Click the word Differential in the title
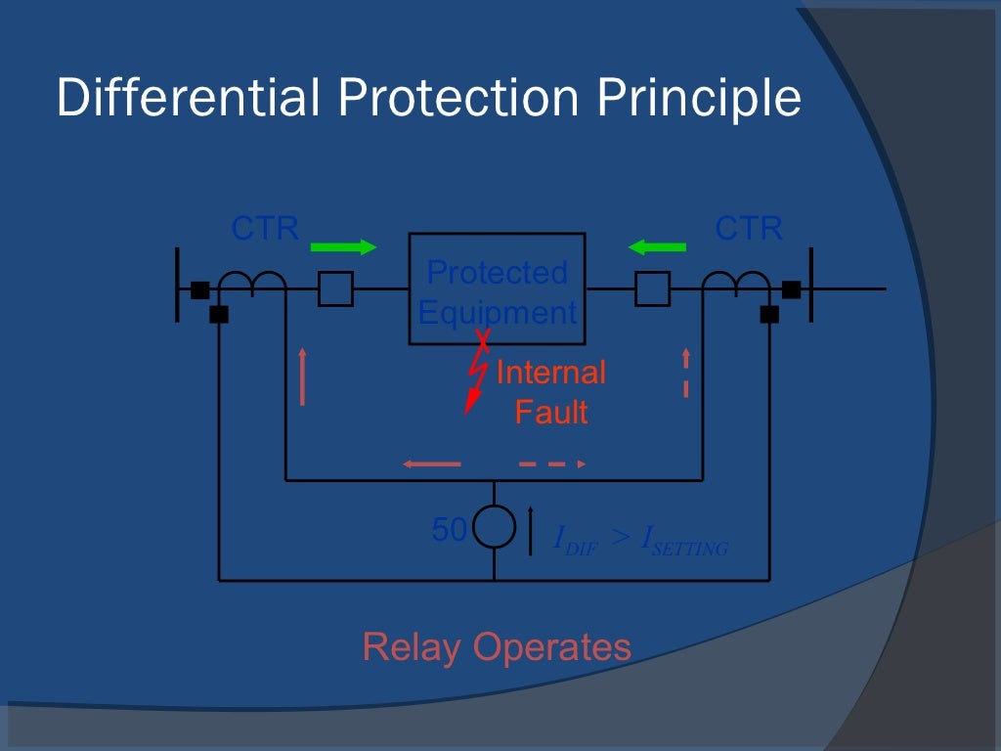click(189, 99)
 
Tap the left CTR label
click(265, 229)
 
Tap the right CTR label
click(749, 229)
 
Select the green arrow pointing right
click(343, 247)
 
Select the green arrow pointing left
click(657, 247)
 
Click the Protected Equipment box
click(497, 288)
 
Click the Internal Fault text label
click(551, 392)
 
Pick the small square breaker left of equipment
click(336, 289)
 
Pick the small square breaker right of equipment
click(652, 289)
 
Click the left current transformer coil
click(251, 282)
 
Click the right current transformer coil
click(736, 282)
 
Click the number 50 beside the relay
click(450, 530)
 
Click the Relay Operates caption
click(497, 646)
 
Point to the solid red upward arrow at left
click(303, 375)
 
